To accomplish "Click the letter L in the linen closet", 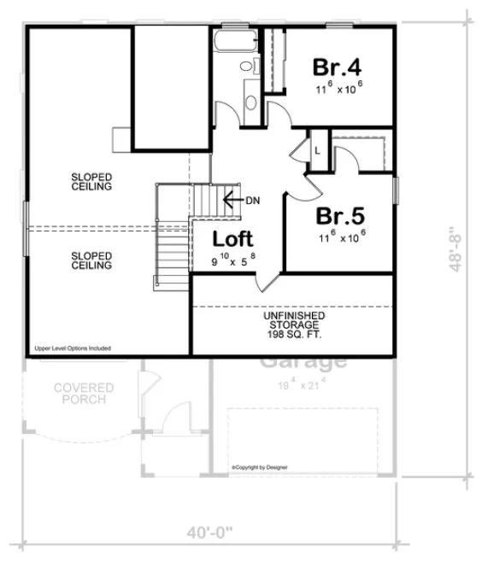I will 317,150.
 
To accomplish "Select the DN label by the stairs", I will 252,201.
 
